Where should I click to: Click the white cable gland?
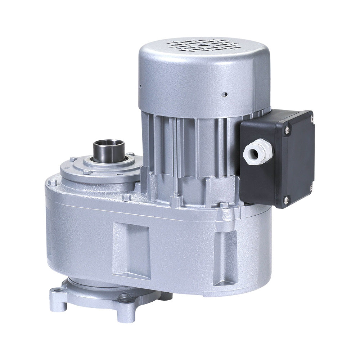click(x=256, y=153)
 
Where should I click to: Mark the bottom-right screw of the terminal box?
click(x=311, y=186)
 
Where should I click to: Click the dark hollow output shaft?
click(x=109, y=150)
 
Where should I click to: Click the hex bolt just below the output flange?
click(x=126, y=197)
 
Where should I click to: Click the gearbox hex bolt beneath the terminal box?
click(x=224, y=205)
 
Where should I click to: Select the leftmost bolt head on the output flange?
click(x=73, y=159)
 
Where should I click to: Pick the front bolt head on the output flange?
click(x=87, y=172)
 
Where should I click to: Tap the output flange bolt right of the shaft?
click(x=130, y=154)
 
